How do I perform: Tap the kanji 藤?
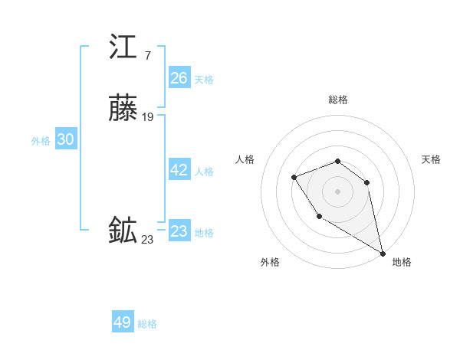pos(123,109)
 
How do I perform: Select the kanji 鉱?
pos(123,231)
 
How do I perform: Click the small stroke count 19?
pos(148,117)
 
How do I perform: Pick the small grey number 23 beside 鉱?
pos(147,240)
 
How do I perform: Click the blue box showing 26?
pos(179,78)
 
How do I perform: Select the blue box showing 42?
pos(179,171)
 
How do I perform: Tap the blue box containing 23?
pos(179,231)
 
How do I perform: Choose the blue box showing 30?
pos(65,139)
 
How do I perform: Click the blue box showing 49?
pos(123,322)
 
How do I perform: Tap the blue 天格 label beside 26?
pos(204,80)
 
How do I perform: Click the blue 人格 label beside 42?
pos(204,172)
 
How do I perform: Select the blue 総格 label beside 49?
pos(147,324)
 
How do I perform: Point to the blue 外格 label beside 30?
pos(41,141)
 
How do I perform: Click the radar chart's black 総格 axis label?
pos(338,100)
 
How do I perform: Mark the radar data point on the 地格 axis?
pos(383,254)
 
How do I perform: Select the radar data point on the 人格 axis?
pos(294,178)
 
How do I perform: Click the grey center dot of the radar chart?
pos(338,191)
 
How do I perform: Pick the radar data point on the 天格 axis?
pos(367,182)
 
